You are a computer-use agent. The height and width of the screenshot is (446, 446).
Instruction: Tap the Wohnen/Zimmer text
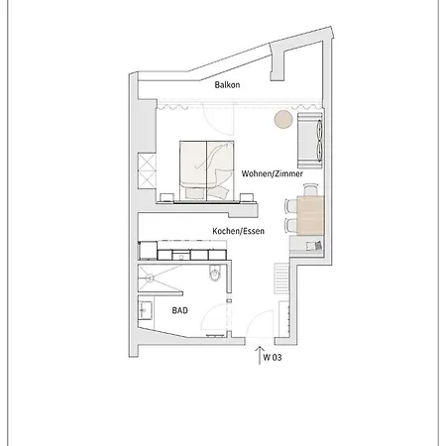pos(273,172)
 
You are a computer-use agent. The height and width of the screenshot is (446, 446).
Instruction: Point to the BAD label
pos(179,309)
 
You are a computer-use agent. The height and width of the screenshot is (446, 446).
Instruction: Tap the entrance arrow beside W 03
pos(260,356)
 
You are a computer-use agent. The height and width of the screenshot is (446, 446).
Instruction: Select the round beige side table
pos(282,120)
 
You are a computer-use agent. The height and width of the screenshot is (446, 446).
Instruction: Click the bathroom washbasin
pos(145,310)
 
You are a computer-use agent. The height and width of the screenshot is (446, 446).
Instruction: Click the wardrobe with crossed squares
pos(148,169)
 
